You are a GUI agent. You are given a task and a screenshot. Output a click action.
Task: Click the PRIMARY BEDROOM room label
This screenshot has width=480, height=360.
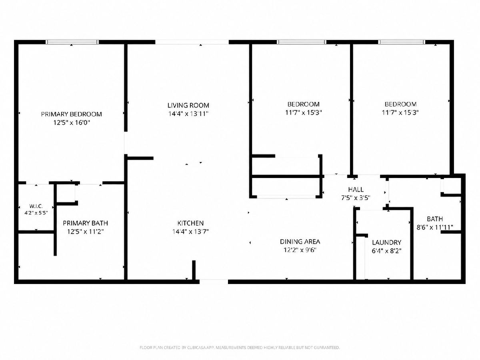coord(72,114)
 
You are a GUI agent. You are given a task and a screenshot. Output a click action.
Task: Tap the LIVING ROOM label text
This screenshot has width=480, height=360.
coord(188,105)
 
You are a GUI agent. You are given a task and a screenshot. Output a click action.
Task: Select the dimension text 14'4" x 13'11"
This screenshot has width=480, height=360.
coord(188,114)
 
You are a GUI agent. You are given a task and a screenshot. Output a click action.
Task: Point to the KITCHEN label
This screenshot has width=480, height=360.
coord(190,223)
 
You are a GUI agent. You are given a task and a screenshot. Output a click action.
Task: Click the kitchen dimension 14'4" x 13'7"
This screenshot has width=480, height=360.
coord(190,232)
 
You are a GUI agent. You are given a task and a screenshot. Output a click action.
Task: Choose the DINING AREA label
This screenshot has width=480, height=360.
coord(300,242)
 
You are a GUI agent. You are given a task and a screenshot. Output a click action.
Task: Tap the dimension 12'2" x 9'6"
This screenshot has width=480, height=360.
coord(300,250)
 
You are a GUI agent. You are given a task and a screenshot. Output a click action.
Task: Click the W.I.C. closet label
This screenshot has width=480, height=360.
coord(36,206)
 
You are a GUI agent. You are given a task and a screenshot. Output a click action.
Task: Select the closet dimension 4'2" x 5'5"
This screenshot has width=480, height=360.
coord(36,213)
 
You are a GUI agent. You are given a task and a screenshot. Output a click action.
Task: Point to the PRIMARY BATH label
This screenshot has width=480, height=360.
coord(85,223)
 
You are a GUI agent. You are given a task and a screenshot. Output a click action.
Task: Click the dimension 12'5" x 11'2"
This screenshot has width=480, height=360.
coord(85,232)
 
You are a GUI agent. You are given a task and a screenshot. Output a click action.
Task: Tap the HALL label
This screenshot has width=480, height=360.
coord(356,190)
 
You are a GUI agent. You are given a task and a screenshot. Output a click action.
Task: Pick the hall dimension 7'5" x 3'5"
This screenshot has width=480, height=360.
coord(356,198)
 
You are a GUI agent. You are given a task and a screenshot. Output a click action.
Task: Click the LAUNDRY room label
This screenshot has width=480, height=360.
coord(387,242)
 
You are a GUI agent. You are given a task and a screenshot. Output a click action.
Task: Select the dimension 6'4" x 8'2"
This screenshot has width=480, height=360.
coord(387,251)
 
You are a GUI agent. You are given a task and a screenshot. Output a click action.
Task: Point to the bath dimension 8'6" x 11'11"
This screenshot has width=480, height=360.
coord(435,228)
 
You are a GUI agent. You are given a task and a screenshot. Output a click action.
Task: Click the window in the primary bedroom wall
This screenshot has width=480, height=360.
coord(72,42)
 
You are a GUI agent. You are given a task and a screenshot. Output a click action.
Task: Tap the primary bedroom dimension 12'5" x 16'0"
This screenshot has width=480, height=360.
coord(72,123)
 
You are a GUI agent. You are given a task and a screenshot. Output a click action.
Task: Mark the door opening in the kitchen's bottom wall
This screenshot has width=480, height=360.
coord(214,282)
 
